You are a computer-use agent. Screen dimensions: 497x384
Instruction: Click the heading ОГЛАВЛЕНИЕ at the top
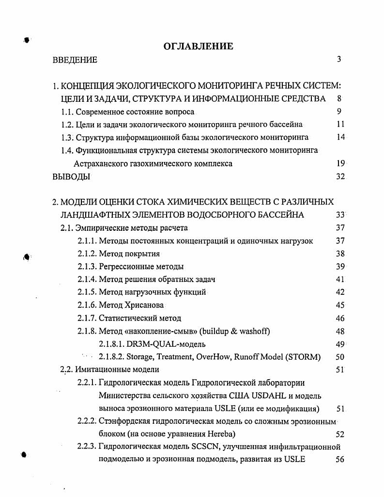[x=199, y=47]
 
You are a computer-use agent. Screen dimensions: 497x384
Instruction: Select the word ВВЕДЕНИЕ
[x=75, y=60]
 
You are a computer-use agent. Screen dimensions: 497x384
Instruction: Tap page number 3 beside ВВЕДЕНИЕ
[x=339, y=60]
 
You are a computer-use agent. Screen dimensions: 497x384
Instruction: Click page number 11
[x=339, y=125]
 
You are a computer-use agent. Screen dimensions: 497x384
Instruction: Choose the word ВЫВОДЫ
[x=71, y=177]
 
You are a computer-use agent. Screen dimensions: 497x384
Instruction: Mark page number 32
[x=339, y=177]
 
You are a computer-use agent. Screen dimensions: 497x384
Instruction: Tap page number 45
[x=339, y=305]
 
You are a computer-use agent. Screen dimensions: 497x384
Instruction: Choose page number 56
[x=339, y=460]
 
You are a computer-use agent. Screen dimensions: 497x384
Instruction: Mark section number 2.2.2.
[x=87, y=420]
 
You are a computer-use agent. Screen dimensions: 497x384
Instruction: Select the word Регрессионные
[x=125, y=266]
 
